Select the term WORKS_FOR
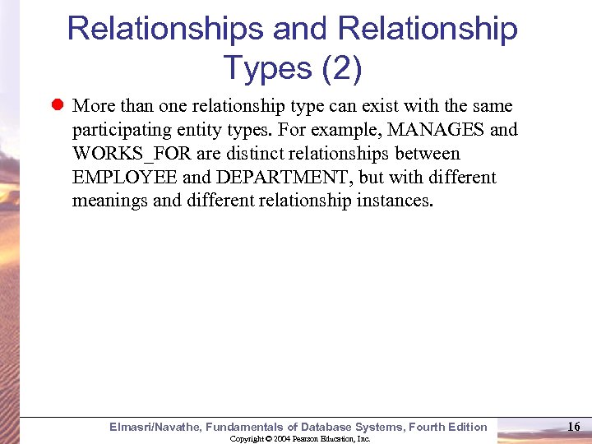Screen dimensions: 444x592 point(132,154)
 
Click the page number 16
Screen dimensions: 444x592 point(574,426)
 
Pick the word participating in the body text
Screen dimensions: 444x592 point(120,131)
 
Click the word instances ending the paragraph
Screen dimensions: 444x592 point(392,201)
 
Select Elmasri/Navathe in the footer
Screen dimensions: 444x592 point(155,427)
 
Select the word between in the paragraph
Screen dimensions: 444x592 point(428,154)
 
